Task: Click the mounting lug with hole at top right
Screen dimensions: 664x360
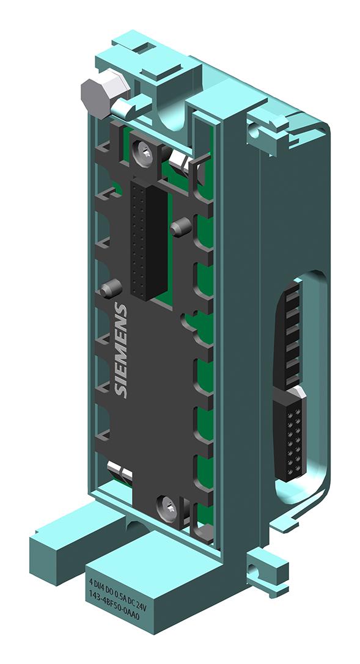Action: (x=261, y=130)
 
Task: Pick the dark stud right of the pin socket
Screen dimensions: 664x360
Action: (x=178, y=228)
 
